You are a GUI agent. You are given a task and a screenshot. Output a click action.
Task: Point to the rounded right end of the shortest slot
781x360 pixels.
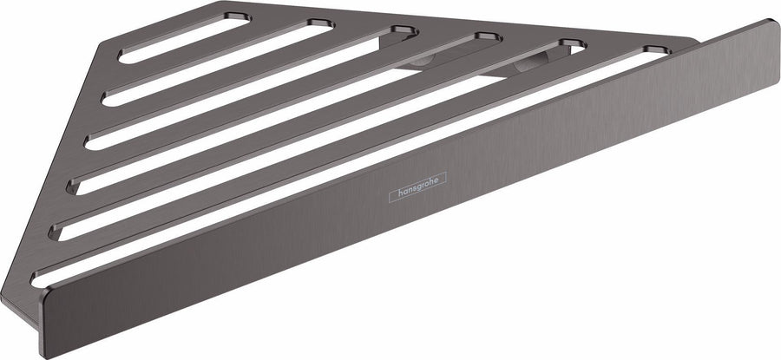(239, 18)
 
